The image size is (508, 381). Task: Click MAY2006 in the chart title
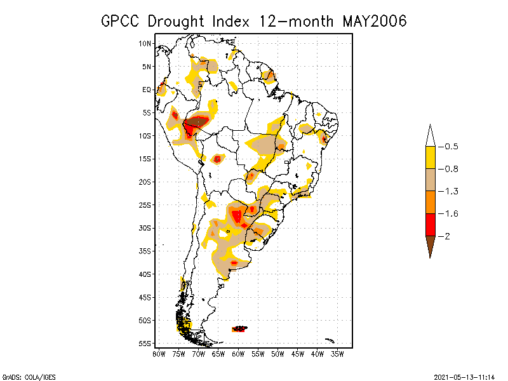point(375,21)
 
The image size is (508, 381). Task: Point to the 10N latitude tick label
point(145,43)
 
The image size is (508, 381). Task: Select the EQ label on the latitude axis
point(147,90)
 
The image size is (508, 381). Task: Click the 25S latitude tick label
point(145,205)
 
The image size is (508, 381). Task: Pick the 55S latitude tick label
point(145,344)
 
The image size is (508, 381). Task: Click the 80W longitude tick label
point(159,354)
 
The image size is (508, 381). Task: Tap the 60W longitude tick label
point(238,354)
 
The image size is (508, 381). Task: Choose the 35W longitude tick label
point(337,354)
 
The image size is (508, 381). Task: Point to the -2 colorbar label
point(446,236)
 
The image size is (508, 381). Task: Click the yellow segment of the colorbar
point(430,157)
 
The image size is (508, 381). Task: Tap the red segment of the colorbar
point(430,225)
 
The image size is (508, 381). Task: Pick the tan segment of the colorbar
point(430,180)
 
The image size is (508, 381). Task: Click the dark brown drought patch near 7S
point(197,121)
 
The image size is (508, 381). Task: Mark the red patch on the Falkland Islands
point(239,329)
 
